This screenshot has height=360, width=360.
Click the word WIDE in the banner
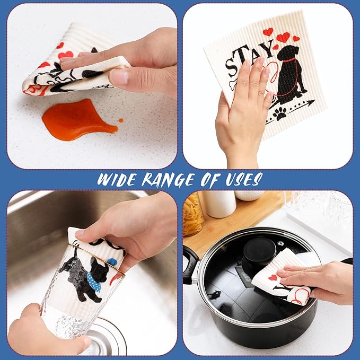[x=120, y=179]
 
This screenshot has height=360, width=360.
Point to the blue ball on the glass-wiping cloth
[x=113, y=261]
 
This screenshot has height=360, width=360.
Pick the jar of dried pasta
[x=193, y=214]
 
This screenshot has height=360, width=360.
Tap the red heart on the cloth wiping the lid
[x=273, y=277]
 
